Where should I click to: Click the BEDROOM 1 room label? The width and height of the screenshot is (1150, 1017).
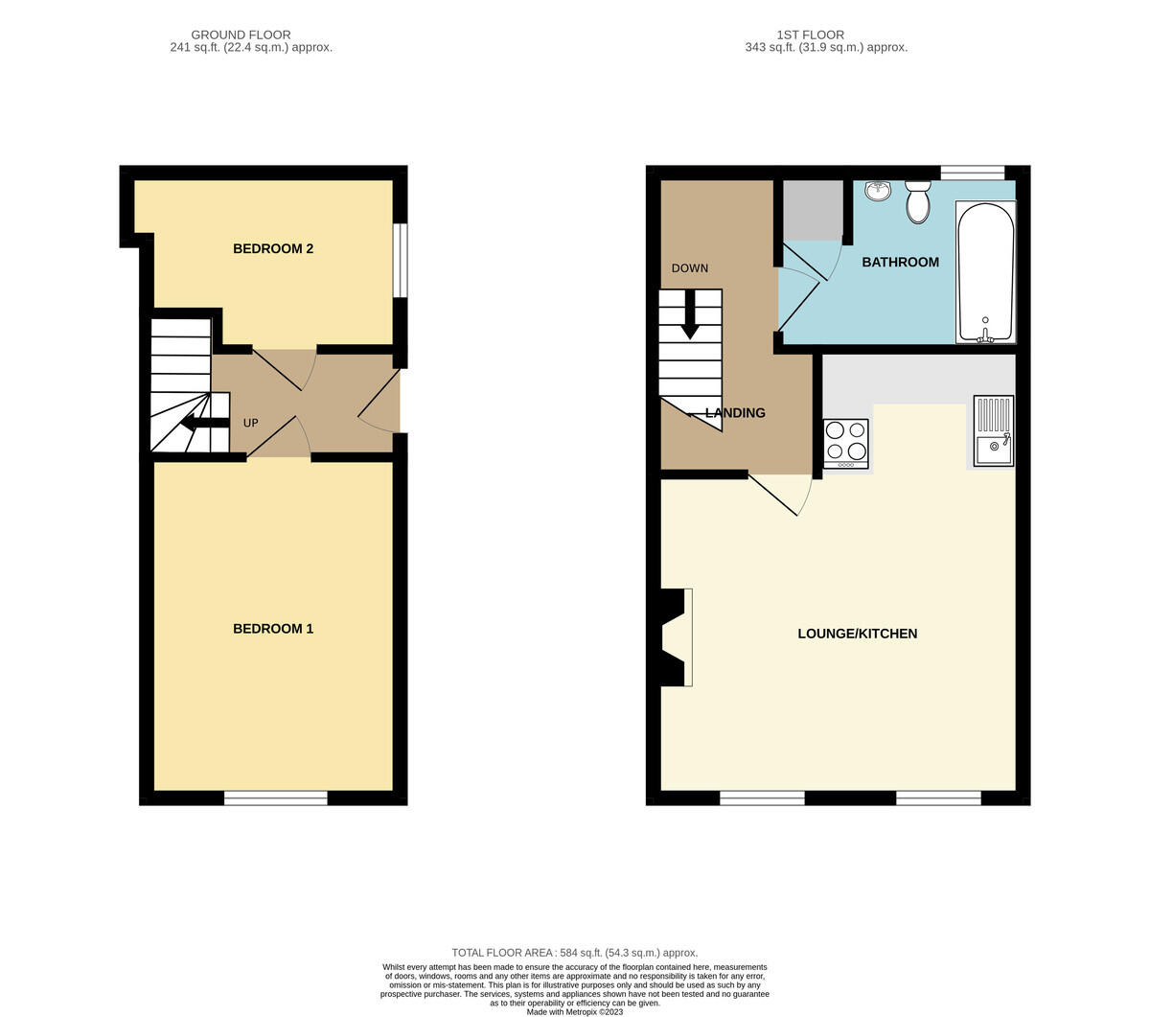pos(273,629)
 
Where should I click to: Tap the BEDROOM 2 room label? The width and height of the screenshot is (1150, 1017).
pos(273,248)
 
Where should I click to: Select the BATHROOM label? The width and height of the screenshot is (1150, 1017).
pos(900,262)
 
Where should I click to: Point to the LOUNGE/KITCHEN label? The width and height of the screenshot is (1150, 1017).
pos(857,634)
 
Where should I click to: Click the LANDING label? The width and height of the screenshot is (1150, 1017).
pos(735,413)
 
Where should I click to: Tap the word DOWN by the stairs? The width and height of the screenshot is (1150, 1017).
pos(690,268)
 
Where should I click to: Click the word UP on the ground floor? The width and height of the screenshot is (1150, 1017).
pos(250,423)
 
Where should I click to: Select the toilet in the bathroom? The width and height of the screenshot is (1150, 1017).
pos(918,201)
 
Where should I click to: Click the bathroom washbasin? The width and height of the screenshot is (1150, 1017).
pos(879,191)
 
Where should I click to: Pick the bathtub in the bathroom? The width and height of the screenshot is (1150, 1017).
pos(986,272)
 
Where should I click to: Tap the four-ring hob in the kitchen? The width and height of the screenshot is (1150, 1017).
pos(846,444)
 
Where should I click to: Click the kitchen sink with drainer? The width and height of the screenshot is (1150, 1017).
pos(994,431)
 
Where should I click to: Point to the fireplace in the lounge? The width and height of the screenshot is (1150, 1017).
pos(676,637)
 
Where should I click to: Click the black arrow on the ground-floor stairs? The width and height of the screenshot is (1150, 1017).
pos(205,422)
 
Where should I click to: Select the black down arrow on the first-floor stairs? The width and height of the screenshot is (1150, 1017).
pos(690,314)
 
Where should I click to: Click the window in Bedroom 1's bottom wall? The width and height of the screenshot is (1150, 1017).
pos(275,798)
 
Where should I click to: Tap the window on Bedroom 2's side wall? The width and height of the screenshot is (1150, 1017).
pos(401,260)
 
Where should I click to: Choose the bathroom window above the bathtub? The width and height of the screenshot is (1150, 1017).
pos(973,173)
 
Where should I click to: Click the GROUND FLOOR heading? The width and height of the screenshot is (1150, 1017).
pos(241,35)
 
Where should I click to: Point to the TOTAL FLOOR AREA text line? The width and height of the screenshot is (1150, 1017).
pos(574,952)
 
